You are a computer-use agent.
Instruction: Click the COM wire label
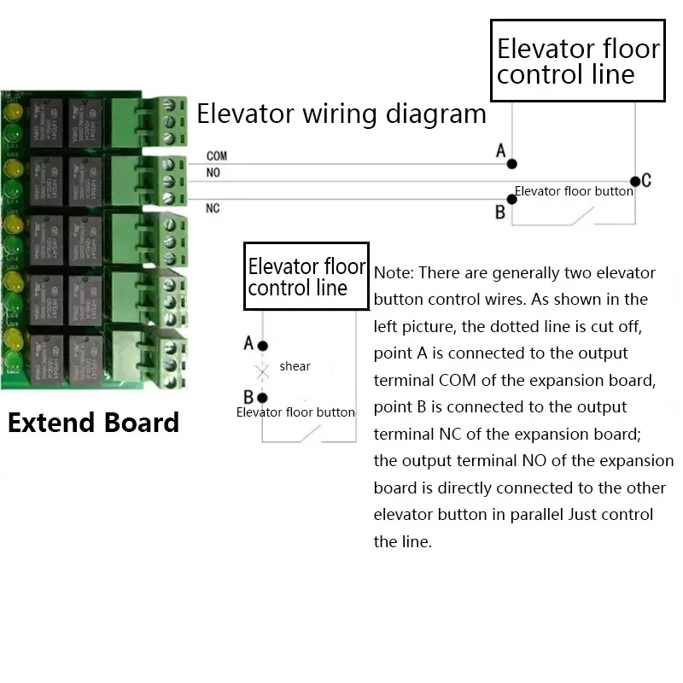pos(216,157)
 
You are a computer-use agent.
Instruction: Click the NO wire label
pos(213,173)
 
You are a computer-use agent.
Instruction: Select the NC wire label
pos(213,208)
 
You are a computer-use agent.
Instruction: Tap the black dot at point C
pos(634,181)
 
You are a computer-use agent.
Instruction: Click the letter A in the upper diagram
pos(501,151)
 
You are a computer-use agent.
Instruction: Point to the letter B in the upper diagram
pos(500,213)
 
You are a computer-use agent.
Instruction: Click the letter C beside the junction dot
pos(646,180)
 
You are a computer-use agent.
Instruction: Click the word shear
pos(295,366)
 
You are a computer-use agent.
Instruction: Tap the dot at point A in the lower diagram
pos(263,346)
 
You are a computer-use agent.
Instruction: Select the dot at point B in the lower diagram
pos(263,398)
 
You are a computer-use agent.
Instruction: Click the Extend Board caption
pos(94,423)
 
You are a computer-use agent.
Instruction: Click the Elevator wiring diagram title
pos(341,114)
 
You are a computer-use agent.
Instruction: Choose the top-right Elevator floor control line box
pos(578,61)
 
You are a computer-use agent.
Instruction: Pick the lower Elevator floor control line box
pos(306,276)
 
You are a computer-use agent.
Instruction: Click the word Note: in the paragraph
pos(394,273)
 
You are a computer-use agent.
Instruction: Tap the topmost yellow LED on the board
pos(13,114)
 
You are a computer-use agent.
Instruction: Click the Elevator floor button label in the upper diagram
pos(574,191)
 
